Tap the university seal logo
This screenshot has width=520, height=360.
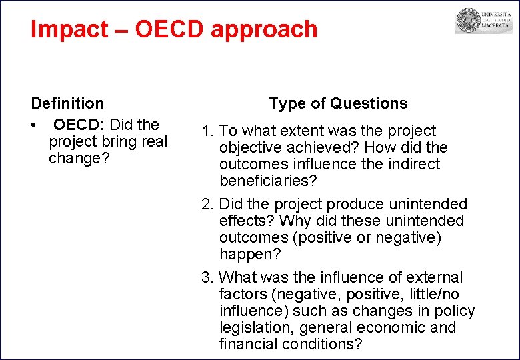469,21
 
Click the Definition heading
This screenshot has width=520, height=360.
67,103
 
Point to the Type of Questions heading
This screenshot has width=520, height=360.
338,103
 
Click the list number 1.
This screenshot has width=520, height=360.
207,131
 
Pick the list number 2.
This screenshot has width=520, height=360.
207,204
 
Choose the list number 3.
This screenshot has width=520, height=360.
207,277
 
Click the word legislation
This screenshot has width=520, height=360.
256,327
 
